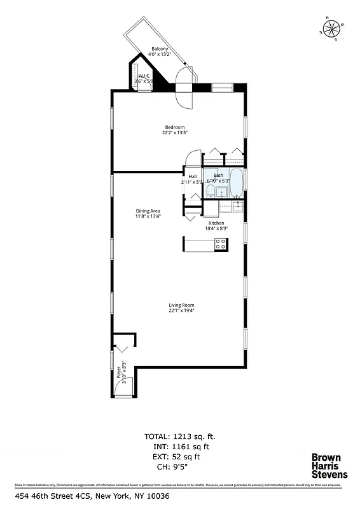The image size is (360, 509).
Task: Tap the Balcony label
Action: (x=160, y=49)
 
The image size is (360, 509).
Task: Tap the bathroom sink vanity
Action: (x=222, y=192)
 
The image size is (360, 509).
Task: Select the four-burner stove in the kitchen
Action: (x=220, y=244)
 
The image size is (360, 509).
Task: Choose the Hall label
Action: (x=192, y=176)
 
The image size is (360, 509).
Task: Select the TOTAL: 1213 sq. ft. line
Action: (x=181, y=436)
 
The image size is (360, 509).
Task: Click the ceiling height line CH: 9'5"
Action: (x=181, y=467)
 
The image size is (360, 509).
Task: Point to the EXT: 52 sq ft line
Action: (x=181, y=457)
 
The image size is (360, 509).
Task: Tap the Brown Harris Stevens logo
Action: (x=328, y=466)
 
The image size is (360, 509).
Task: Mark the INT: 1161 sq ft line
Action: (x=181, y=447)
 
